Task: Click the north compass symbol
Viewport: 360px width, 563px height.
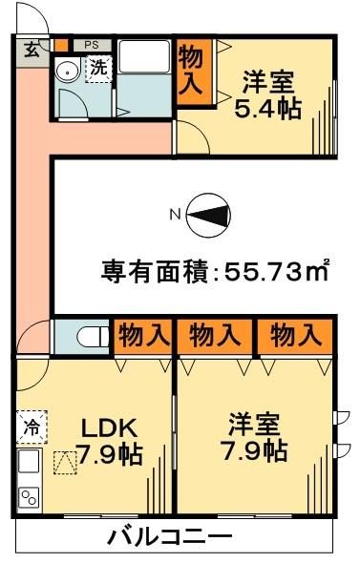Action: pyautogui.click(x=207, y=216)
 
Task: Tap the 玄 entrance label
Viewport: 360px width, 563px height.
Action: pyautogui.click(x=32, y=49)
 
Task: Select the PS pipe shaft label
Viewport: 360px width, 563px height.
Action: pyautogui.click(x=92, y=44)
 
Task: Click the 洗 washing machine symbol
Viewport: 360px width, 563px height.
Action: pyautogui.click(x=98, y=68)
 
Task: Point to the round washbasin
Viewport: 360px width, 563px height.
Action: pyautogui.click(x=68, y=72)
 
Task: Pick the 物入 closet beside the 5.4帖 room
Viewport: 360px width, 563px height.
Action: pyautogui.click(x=191, y=69)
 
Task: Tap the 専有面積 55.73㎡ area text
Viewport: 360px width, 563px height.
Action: pyautogui.click(x=215, y=272)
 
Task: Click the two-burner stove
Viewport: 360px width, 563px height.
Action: pyautogui.click(x=29, y=496)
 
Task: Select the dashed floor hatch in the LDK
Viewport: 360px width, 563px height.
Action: pyautogui.click(x=65, y=463)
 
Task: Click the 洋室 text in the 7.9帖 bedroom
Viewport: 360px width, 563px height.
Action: pyautogui.click(x=253, y=422)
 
